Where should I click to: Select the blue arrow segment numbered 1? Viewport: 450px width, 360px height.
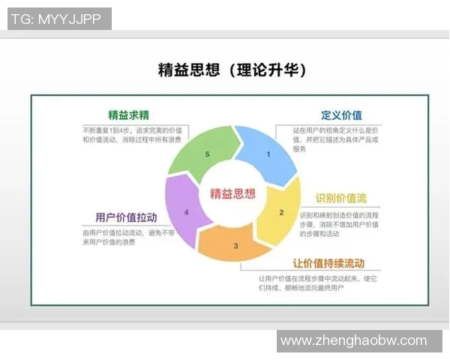(265, 154)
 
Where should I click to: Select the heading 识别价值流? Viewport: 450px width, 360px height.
(340, 198)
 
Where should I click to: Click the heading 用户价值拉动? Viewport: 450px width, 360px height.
(126, 217)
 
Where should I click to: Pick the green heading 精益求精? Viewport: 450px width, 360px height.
(128, 115)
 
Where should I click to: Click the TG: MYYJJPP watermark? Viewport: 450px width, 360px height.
(59, 19)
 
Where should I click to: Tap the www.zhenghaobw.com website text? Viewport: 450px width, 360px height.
(353, 341)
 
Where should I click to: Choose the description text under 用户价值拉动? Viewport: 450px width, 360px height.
(121, 237)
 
